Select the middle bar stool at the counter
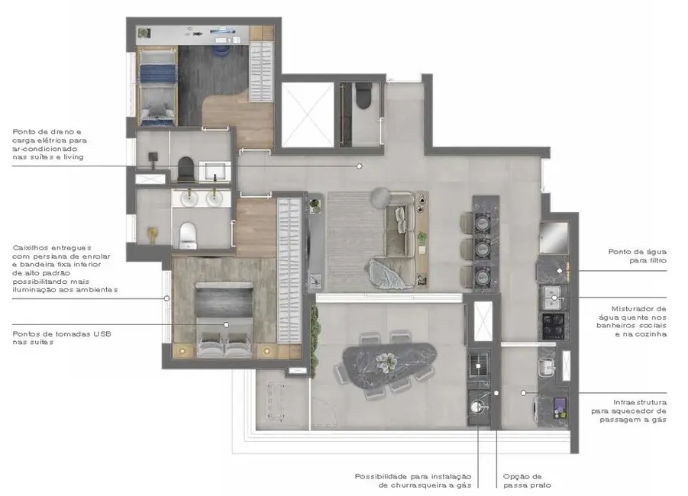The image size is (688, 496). pos(481,249)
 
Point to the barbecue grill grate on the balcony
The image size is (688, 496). pos(478,362)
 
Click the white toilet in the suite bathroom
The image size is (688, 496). pos(187,236)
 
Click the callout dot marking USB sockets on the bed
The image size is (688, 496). pos(226,324)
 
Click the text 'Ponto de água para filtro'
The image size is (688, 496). pos(637,256)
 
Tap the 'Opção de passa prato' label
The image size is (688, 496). pos(524,480)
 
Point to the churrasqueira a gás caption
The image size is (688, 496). pos(413,480)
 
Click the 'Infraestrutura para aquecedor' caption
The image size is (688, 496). pos(640,411)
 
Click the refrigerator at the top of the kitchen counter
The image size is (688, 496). pos(554,234)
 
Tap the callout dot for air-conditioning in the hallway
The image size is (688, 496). pos(357,165)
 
